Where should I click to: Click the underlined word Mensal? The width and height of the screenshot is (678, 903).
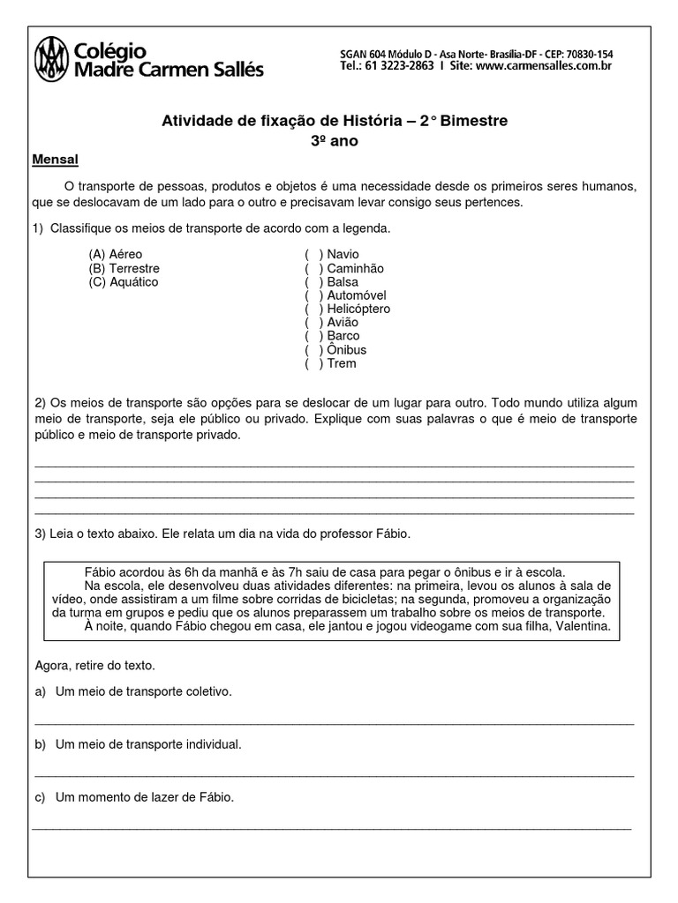pos(56,160)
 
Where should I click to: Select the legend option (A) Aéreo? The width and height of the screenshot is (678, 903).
pos(115,254)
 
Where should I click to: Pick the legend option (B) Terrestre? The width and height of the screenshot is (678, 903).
pos(124,268)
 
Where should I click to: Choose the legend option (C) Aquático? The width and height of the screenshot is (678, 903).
pos(123,281)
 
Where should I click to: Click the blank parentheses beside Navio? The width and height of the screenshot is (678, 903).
pos(314,254)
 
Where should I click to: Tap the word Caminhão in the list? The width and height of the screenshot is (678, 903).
pos(355,268)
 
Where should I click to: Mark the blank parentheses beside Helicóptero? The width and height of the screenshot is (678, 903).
pos(314,309)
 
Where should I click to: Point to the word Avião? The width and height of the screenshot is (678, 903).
pos(343,322)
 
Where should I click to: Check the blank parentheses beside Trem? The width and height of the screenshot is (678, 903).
pos(314,363)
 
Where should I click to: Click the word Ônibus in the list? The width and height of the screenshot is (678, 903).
pos(346,350)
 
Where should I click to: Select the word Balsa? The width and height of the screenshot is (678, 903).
pos(343,281)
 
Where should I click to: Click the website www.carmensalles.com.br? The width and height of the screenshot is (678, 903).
pos(544,65)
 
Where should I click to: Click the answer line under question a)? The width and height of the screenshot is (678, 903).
pos(334,723)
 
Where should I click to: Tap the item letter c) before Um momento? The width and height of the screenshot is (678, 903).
pos(40,797)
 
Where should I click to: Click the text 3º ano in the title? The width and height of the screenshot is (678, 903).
pos(335,140)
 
